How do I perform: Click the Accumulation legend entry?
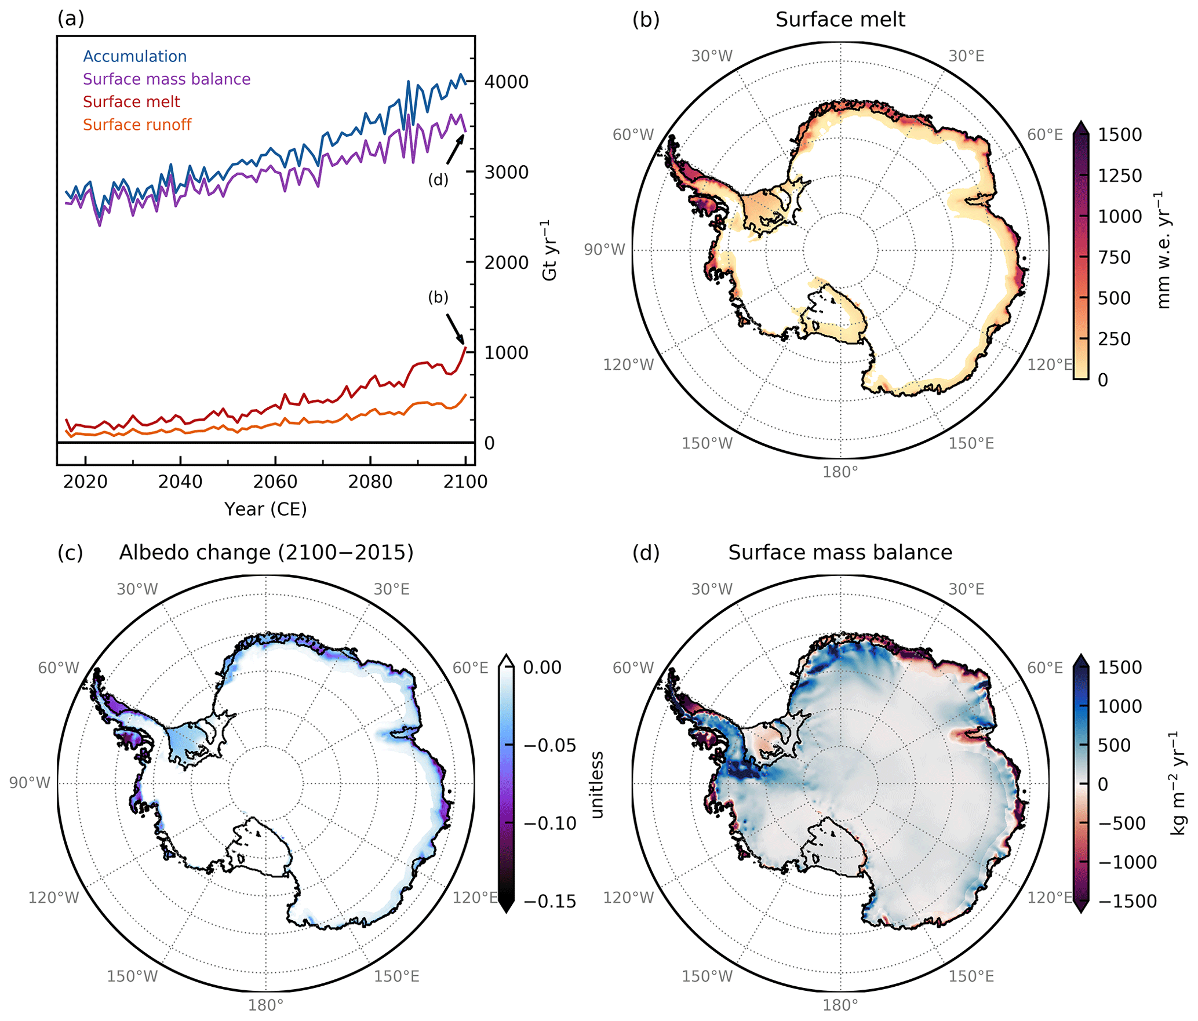pos(134,56)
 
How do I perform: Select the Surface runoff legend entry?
pos(137,125)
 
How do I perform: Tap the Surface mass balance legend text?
pos(166,79)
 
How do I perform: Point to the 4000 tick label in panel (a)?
pos(506,82)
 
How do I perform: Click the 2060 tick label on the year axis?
pos(275,482)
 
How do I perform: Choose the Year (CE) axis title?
pos(265,509)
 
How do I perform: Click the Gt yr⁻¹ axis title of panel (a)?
pos(549,250)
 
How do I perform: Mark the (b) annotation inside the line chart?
pos(438,297)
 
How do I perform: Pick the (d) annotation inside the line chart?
pos(438,180)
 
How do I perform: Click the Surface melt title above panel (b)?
pos(840,20)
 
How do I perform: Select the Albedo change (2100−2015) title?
pos(266,552)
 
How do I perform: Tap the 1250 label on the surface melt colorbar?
pos(1120,176)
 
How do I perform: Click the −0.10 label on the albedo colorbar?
pos(550,823)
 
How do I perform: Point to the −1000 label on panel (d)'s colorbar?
pos(1127,862)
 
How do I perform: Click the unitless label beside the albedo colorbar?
pos(597,785)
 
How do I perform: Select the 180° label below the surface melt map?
pos(840,472)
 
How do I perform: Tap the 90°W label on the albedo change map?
pos(30,783)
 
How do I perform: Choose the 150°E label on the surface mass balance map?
pos(971,976)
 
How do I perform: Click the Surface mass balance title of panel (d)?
pos(840,552)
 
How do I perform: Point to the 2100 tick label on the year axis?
pos(465,482)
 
